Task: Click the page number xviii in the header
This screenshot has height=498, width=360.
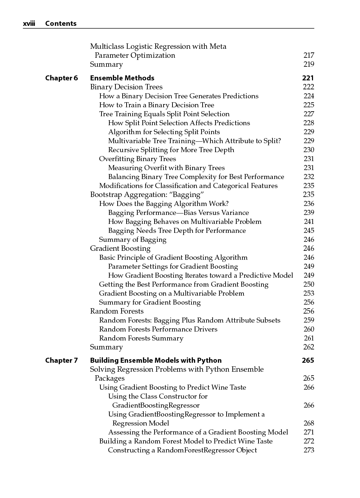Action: click(x=29, y=24)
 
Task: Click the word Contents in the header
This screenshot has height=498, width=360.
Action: click(x=61, y=24)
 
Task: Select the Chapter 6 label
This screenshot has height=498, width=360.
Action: click(x=61, y=78)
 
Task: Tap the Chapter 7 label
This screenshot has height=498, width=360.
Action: click(x=61, y=360)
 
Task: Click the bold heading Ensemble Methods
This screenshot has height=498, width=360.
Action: click(x=122, y=78)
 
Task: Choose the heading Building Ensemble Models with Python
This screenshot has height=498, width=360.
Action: click(x=156, y=360)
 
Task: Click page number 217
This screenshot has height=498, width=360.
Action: click(x=308, y=55)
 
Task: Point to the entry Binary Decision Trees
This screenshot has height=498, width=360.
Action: click(x=126, y=87)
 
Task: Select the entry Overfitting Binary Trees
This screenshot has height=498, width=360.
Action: click(x=137, y=159)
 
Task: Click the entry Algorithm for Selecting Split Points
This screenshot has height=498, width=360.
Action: click(x=164, y=132)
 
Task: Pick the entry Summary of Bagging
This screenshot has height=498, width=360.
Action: click(x=133, y=239)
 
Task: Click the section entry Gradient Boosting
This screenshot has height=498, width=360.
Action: click(x=120, y=248)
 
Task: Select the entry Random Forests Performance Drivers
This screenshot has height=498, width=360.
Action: click(x=158, y=329)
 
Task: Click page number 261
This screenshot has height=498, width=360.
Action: click(x=309, y=338)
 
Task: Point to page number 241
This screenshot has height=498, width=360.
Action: click(x=309, y=221)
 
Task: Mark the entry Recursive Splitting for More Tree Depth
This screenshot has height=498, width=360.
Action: click(x=171, y=150)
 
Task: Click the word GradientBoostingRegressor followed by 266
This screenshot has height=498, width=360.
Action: click(x=156, y=405)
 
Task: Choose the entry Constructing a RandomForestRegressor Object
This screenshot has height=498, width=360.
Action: click(x=182, y=450)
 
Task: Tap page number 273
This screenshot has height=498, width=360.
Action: click(x=309, y=450)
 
